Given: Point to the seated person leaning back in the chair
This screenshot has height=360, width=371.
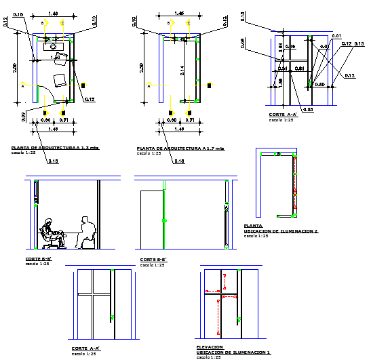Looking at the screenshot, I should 49,232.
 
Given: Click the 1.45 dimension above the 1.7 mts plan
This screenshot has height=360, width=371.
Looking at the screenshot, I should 178,13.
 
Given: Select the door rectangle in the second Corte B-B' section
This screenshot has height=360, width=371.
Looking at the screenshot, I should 151,219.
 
